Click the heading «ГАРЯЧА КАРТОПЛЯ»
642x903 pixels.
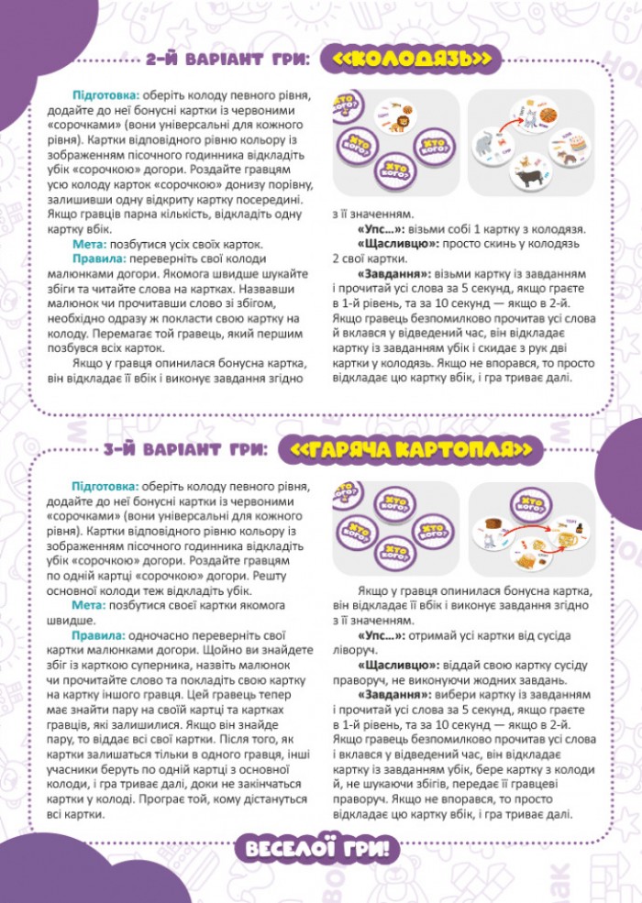point(415,449)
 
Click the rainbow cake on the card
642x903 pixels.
point(578,144)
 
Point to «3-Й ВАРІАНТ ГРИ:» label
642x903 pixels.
point(186,449)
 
